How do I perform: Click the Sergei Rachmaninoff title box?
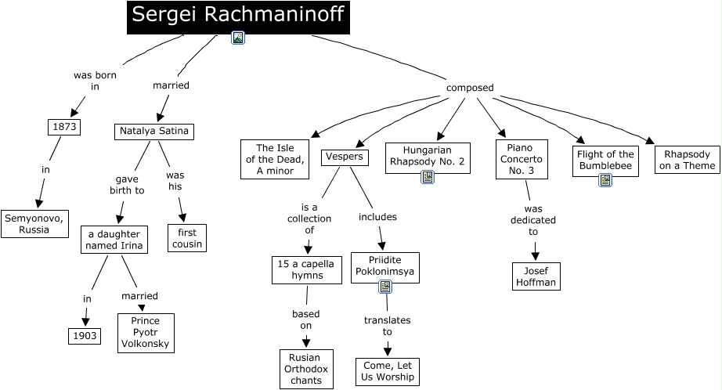238,16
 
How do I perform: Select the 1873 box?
63,127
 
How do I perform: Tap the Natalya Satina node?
153,131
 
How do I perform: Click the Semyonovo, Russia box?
34,223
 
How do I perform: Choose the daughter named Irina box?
114,240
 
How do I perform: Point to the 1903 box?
83,336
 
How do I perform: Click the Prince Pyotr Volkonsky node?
146,333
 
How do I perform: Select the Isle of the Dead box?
275,159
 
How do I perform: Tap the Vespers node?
344,156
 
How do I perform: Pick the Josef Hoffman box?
536,276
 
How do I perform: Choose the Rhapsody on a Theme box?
687,160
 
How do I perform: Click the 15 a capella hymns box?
307,270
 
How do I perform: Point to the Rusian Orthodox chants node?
306,369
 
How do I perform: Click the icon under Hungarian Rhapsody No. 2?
427,177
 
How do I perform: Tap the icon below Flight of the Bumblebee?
605,180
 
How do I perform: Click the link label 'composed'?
470,88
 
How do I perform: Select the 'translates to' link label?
387,326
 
